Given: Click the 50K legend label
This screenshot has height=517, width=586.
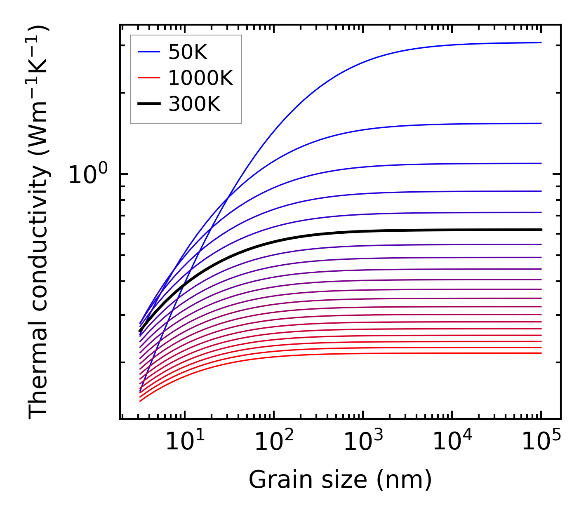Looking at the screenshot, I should pyautogui.click(x=188, y=52).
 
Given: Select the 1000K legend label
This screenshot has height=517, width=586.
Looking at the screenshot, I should pyautogui.click(x=200, y=78).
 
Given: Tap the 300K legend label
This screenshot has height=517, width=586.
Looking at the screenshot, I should pyautogui.click(x=194, y=104).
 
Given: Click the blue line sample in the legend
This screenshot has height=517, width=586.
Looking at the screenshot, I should pyautogui.click(x=148, y=52).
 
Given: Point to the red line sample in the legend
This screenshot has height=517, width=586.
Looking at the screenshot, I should pyautogui.click(x=148, y=78).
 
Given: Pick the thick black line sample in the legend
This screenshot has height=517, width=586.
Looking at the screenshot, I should pyautogui.click(x=148, y=104).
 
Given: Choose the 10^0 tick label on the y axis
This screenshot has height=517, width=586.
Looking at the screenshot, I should pyautogui.click(x=87, y=174).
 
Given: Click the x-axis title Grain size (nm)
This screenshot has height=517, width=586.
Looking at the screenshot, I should pyautogui.click(x=340, y=479).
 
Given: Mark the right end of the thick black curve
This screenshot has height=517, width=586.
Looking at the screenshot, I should pyautogui.click(x=541, y=230).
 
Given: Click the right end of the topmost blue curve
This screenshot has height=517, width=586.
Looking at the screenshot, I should pyautogui.click(x=541, y=42).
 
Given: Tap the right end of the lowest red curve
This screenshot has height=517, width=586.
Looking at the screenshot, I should pyautogui.click(x=541, y=353).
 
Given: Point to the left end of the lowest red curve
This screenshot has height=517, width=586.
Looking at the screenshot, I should pyautogui.click(x=141, y=401).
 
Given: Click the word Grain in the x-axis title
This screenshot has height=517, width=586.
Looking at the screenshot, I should pyautogui.click(x=274, y=479).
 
